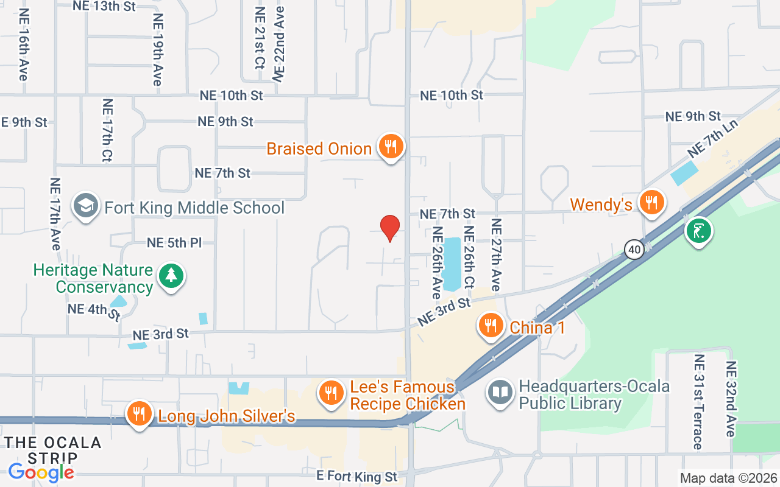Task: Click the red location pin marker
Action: (390, 228)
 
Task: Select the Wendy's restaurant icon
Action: (652, 203)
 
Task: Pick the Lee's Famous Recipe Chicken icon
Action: (331, 393)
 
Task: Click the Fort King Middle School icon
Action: (86, 206)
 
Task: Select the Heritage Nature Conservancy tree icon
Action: (171, 275)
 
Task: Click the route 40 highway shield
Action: (634, 248)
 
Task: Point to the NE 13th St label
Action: (104, 6)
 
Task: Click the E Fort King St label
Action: (356, 475)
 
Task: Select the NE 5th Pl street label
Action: (174, 243)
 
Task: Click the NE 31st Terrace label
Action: (698, 402)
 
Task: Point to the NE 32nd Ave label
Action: (731, 399)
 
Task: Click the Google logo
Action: (41, 472)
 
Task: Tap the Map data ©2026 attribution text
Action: (728, 478)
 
